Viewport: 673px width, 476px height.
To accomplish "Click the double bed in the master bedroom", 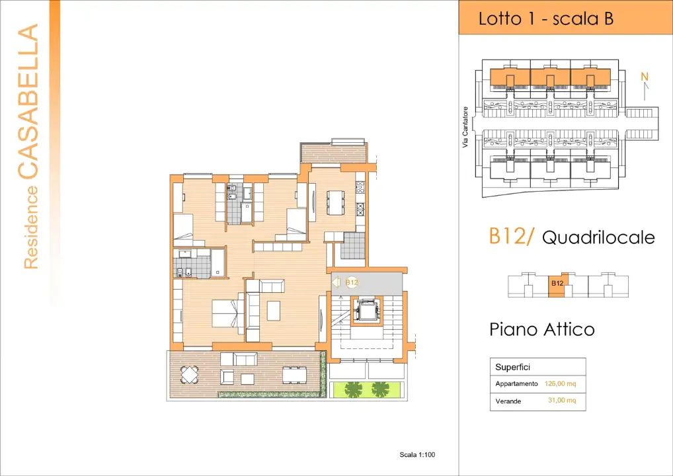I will point(225,313).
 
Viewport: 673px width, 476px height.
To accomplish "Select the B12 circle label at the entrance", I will point(352,282).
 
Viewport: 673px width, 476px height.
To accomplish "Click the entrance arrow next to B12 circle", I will point(335,282).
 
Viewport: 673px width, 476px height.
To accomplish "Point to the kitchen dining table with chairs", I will point(335,202).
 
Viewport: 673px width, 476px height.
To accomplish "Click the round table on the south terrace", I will point(190,376).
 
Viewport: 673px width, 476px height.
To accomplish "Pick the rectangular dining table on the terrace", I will point(294,375).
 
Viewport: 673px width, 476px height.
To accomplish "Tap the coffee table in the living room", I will point(273,311).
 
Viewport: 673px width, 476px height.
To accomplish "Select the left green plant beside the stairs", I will point(354,389).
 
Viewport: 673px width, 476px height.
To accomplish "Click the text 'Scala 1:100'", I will point(418,454).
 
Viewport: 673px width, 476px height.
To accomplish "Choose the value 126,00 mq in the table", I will point(561,383).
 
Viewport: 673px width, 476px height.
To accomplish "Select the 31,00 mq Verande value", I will point(562,401).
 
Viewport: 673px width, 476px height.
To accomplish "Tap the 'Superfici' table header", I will point(513,367).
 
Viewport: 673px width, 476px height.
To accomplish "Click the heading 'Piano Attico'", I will point(542,329).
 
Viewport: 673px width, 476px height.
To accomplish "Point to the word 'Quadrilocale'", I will point(598,238).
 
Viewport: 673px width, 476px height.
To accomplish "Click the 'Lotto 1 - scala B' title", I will point(546,19).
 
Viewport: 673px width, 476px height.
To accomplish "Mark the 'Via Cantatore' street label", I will point(465,128).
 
